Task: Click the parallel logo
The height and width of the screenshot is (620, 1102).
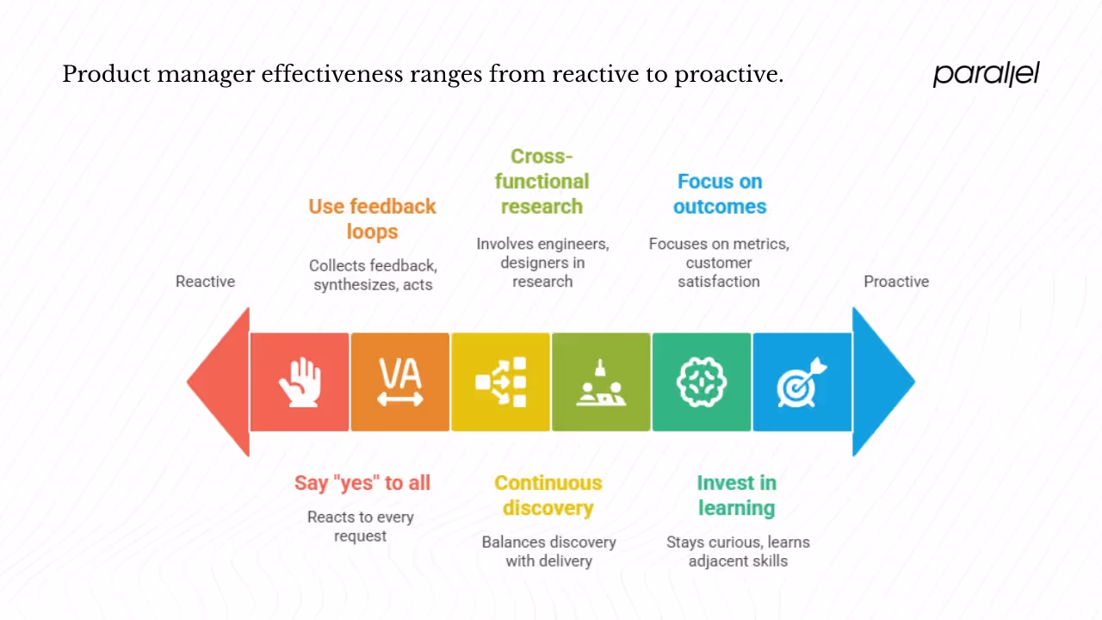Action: (987, 74)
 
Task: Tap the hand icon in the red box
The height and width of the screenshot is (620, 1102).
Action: (300, 382)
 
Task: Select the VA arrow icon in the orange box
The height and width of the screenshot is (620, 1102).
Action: (400, 382)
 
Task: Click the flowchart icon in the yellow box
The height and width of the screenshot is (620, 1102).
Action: (501, 382)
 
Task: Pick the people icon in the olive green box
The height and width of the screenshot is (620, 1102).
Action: (601, 382)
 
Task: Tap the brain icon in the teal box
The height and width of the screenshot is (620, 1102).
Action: (702, 382)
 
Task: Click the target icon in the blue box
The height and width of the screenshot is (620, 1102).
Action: (802, 382)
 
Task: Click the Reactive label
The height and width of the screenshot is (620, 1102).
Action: (205, 282)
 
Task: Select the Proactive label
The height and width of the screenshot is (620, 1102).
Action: (896, 282)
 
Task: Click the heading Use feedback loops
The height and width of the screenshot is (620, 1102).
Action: (372, 219)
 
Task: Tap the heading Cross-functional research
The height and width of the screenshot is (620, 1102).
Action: (542, 182)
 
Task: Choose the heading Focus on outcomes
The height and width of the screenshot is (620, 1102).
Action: (720, 194)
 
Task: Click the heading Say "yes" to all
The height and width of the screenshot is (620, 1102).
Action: (362, 483)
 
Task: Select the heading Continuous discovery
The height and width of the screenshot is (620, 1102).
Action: (548, 495)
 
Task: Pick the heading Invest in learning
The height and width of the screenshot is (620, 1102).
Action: (736, 495)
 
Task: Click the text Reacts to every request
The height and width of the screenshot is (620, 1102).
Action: (361, 526)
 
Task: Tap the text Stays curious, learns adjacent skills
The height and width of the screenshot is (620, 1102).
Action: (738, 551)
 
